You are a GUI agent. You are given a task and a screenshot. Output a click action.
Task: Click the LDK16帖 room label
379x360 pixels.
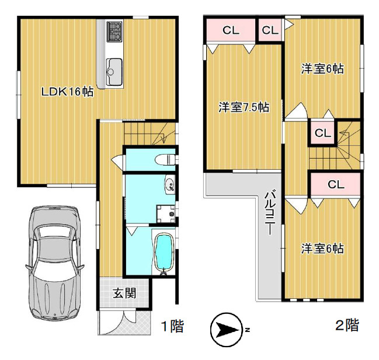tap(67, 92)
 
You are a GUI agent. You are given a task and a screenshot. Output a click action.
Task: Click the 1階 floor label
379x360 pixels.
tap(172, 326)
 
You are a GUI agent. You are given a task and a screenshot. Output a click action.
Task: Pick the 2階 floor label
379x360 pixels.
tap(347, 325)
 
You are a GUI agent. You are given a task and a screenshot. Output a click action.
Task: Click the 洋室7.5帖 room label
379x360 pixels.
tap(244, 107)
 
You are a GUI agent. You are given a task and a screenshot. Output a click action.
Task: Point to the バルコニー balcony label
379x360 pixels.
tap(270, 212)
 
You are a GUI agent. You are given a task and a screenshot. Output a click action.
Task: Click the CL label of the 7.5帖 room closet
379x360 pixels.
tap(231, 31)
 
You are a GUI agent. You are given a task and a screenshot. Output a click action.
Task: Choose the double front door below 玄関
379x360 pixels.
tap(124, 321)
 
